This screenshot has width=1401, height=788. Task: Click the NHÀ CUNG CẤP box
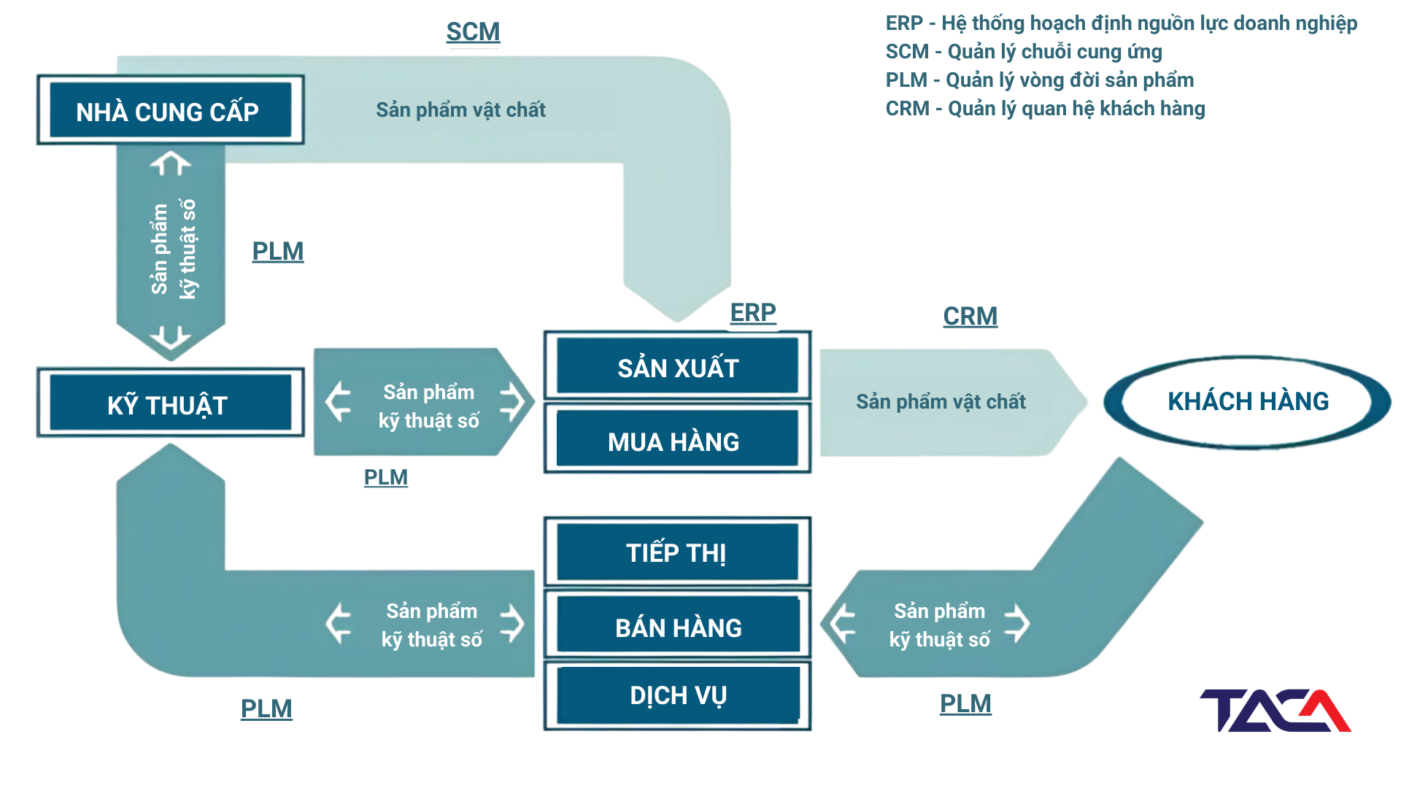170,109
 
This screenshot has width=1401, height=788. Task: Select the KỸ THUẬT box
170,403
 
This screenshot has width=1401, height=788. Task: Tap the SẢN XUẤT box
677,366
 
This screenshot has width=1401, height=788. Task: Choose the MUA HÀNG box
677,439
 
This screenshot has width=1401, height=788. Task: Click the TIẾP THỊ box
677,552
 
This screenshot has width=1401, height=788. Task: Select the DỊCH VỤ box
677,695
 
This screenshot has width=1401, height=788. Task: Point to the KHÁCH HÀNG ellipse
1248,402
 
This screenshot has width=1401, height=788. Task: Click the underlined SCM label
474,32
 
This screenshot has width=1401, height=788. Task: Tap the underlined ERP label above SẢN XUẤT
753,313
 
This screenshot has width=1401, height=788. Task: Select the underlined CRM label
970,317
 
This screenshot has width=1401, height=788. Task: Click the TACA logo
1275,710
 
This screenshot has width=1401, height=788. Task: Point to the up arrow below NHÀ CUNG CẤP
171,163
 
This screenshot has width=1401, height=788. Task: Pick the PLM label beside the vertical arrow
278,252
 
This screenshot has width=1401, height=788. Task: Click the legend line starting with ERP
1122,23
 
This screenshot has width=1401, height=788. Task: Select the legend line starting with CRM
1046,109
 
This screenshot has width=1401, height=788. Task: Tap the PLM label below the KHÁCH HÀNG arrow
965,704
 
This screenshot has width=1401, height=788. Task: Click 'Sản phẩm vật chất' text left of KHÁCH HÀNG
941,402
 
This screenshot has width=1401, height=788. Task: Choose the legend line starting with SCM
1024,52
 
